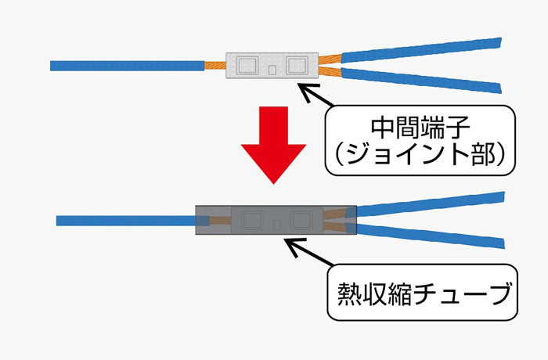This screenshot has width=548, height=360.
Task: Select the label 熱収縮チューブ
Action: click(x=420, y=294)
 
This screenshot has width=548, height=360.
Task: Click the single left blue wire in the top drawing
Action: click(x=125, y=65)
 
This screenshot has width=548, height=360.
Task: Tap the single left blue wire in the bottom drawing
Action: click(x=125, y=221)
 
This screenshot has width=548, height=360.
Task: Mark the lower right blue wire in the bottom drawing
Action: click(x=431, y=235)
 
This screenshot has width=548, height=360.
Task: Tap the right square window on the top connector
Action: click(x=298, y=63)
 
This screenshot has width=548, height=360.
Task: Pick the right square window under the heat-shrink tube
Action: click(x=301, y=218)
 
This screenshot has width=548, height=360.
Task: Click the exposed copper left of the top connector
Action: click(x=215, y=65)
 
